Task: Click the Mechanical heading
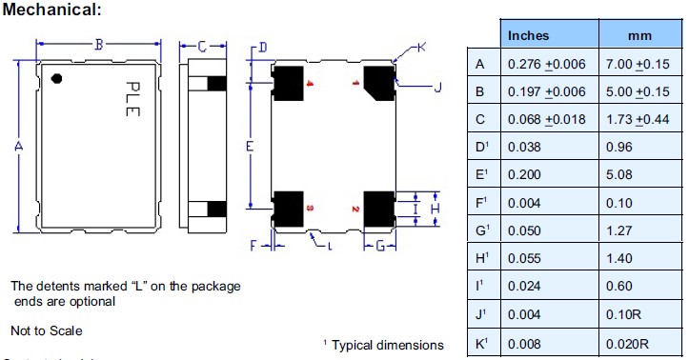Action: click(x=52, y=10)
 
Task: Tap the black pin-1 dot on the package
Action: click(x=57, y=78)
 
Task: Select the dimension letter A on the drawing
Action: click(x=18, y=146)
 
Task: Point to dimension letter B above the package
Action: click(x=99, y=44)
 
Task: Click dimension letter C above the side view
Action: click(x=203, y=45)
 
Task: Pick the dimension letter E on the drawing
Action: click(x=249, y=147)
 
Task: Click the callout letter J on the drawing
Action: click(x=437, y=89)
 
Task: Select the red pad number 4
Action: click(x=310, y=84)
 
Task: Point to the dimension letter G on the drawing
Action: click(x=379, y=246)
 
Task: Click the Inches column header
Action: click(x=529, y=35)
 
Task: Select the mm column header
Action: click(x=638, y=35)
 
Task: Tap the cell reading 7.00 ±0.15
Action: click(x=638, y=65)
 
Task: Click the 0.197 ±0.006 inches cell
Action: click(x=547, y=92)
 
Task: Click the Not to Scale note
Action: click(x=46, y=330)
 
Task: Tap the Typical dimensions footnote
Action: click(x=383, y=345)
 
